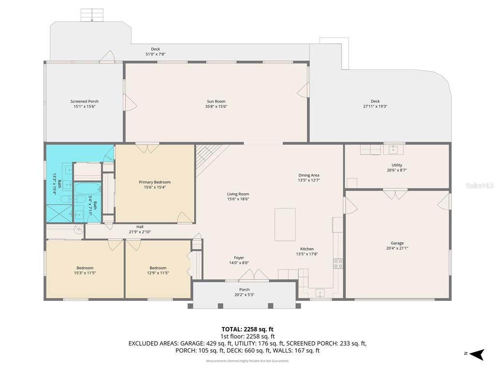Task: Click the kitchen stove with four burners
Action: [x=338, y=264]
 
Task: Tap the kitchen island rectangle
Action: [x=285, y=225]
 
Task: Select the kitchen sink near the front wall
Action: [x=320, y=292]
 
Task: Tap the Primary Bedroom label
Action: [x=155, y=182]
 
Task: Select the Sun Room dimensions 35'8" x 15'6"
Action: [x=216, y=106]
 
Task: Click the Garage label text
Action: [x=397, y=243]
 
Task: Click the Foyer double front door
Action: [x=254, y=275]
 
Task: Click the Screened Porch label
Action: [x=84, y=101]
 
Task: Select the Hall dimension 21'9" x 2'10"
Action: [x=140, y=232]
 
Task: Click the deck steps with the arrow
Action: [x=91, y=14]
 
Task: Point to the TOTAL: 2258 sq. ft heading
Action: [x=247, y=329]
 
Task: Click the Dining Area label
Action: [x=308, y=175]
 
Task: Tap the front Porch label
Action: [x=244, y=289]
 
